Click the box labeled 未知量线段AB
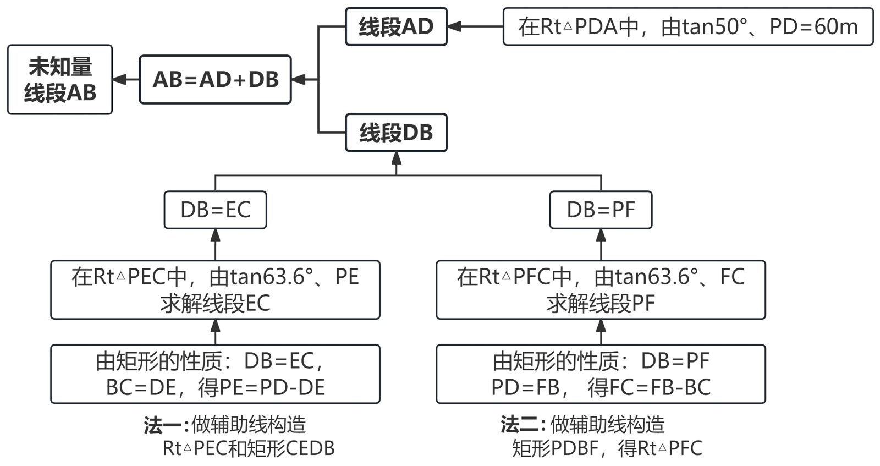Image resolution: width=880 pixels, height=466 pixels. coord(60,80)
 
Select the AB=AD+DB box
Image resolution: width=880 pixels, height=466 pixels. coord(215,80)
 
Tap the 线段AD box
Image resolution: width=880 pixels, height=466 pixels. coord(396,26)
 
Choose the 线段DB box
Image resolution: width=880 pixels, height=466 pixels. coord(396,133)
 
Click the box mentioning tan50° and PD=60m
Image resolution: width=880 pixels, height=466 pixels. coord(687,26)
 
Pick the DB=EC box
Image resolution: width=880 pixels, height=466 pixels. coord(215,210)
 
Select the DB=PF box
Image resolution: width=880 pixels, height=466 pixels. coord(601,210)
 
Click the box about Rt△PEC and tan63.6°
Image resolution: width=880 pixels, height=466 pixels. coord(215,290)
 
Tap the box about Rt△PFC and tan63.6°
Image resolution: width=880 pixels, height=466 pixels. coord(601,290)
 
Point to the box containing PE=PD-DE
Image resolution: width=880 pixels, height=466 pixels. coord(215,374)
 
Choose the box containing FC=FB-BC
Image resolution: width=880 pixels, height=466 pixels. coord(601,374)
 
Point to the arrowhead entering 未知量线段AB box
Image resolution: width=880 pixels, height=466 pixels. coord(119,80)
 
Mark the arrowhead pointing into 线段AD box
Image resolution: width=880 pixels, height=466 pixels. coord(454,26)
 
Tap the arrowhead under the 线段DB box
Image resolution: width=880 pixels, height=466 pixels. coord(396,158)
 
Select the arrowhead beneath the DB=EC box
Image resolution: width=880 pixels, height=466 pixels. coord(215,235)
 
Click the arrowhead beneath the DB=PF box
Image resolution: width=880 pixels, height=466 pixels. coord(601,235)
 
